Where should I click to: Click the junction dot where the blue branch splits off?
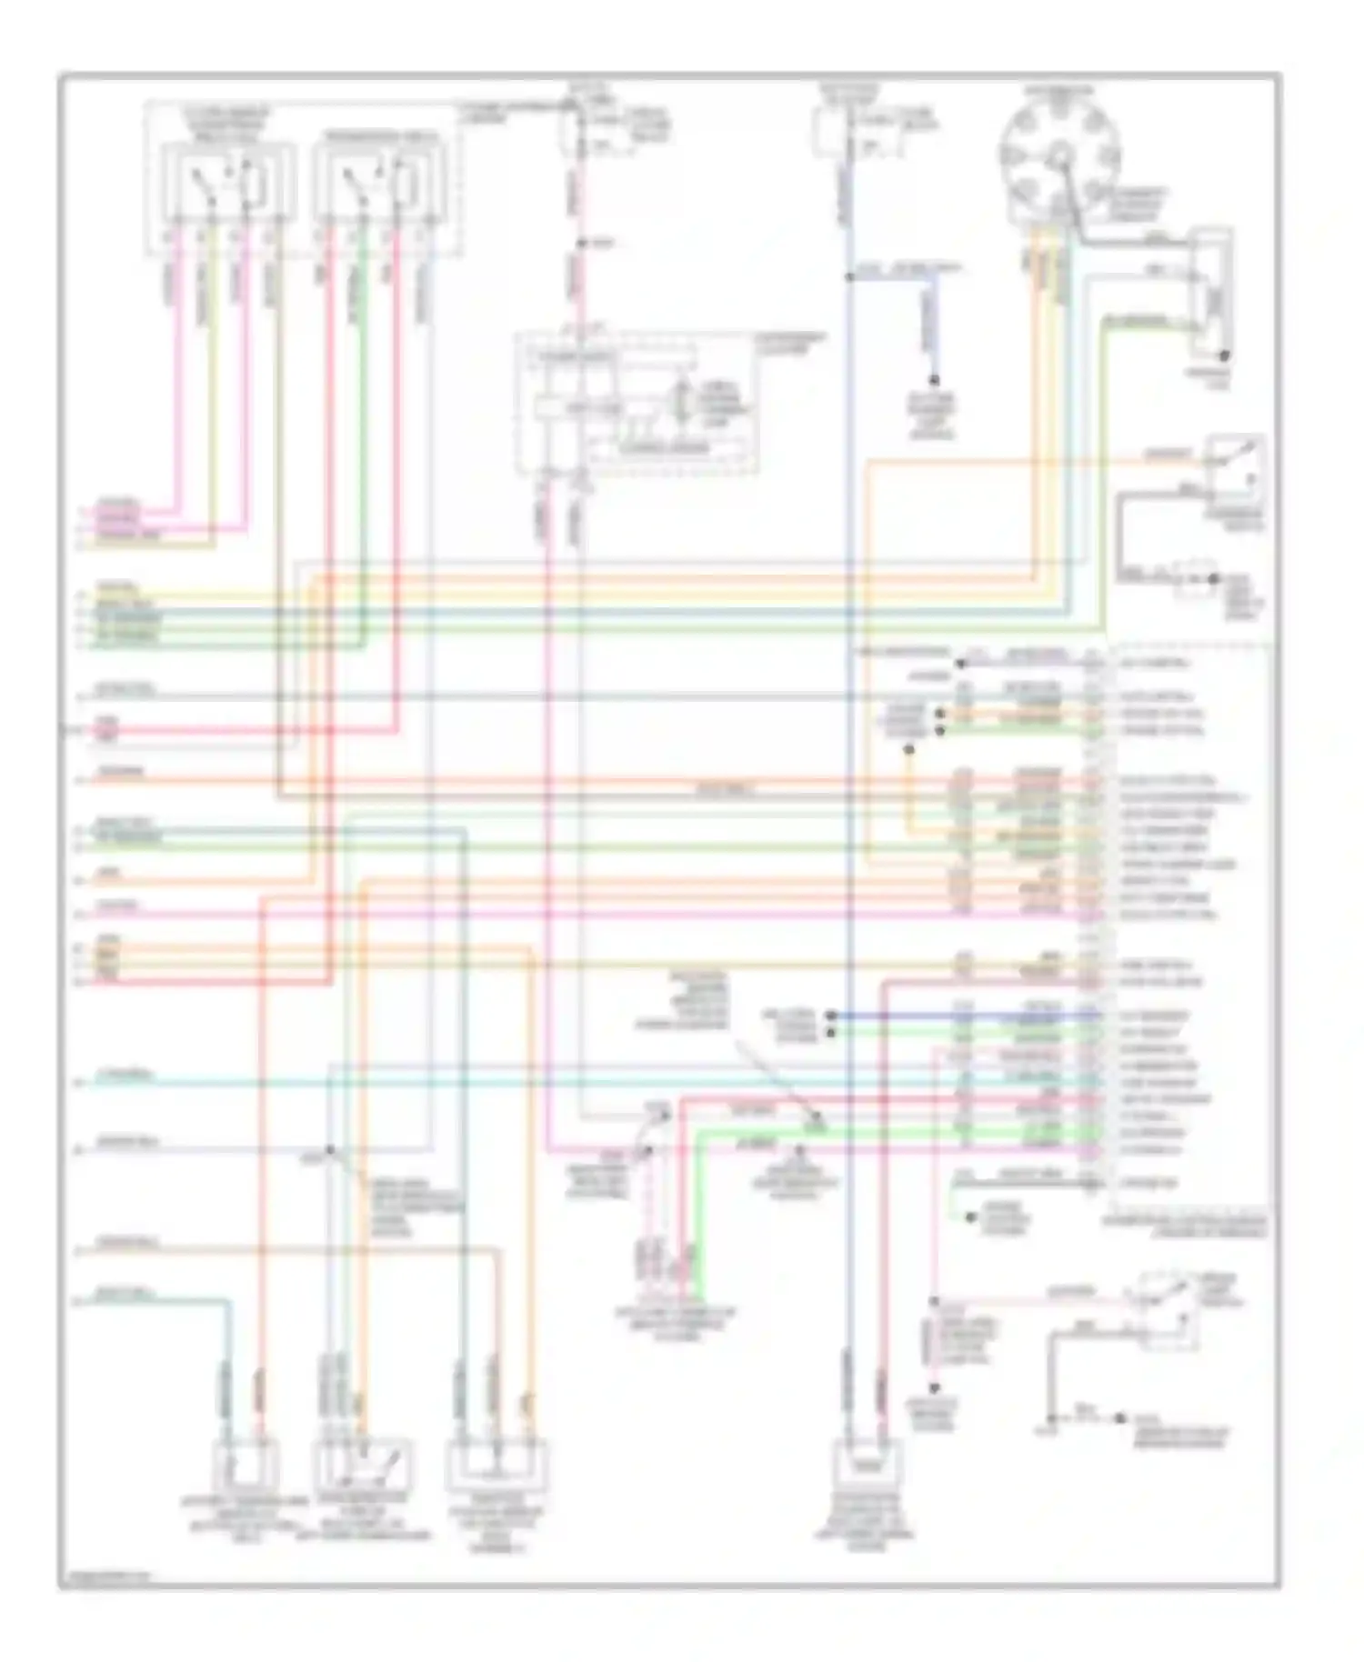[x=847, y=277]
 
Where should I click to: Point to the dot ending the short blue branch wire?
[x=933, y=380]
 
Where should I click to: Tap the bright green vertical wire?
[x=696, y=1209]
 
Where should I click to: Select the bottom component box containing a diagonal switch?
[x=362, y=1464]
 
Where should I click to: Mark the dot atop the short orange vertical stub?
[x=908, y=750]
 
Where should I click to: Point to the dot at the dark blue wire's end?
[x=830, y=1016]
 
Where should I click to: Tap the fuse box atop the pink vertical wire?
[x=570, y=132]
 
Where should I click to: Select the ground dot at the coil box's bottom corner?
[x=1226, y=355]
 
